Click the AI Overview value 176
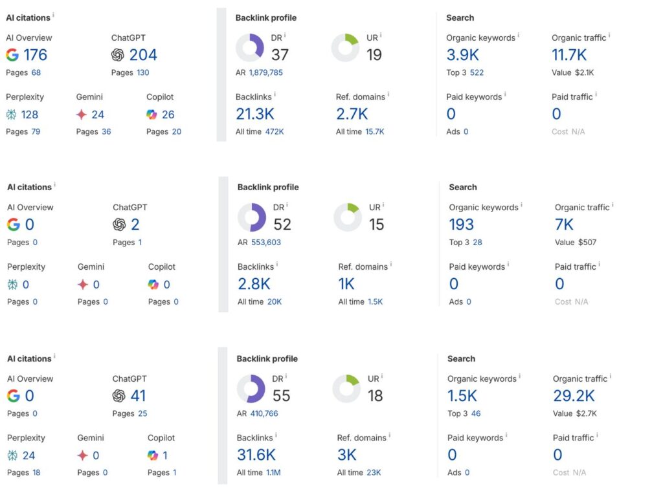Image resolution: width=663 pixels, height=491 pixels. click(36, 55)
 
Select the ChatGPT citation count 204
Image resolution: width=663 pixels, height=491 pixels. click(143, 55)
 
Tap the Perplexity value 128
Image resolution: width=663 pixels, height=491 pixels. click(30, 115)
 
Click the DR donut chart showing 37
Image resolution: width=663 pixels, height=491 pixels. click(249, 47)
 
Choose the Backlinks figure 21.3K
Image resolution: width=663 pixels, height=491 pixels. click(255, 115)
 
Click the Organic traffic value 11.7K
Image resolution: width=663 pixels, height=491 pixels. click(569, 55)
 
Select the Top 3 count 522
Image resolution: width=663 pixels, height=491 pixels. click(477, 72)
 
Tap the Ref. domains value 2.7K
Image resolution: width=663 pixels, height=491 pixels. click(352, 115)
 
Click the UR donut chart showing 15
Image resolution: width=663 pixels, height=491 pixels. click(347, 217)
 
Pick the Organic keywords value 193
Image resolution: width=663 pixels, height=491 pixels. click(461, 224)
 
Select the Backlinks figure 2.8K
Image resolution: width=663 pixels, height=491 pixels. click(254, 284)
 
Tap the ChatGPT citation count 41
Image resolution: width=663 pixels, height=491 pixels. click(138, 396)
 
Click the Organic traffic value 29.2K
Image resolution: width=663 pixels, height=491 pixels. click(574, 396)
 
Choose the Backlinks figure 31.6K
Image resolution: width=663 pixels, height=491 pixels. click(256, 455)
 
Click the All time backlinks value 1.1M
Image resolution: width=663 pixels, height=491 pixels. click(273, 473)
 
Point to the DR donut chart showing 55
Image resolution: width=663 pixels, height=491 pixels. click(251, 388)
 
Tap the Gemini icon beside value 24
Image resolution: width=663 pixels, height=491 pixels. click(82, 115)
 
